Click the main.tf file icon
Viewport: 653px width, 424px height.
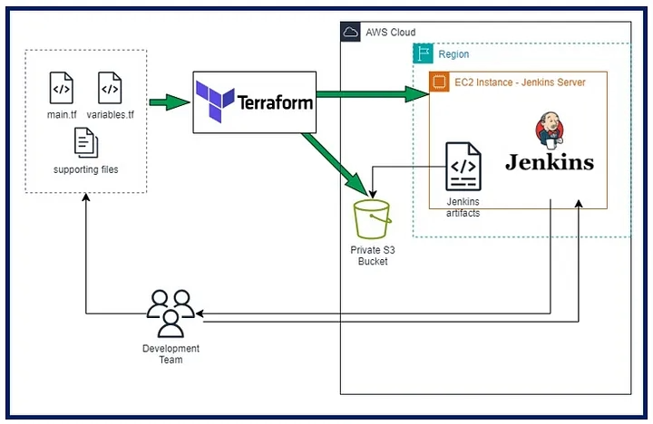(61, 89)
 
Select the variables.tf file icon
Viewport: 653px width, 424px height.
(110, 89)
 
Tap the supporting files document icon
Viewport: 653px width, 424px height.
(85, 142)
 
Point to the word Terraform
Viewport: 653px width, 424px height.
(273, 102)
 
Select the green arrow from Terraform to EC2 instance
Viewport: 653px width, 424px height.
(372, 91)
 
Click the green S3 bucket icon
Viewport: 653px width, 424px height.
(372, 219)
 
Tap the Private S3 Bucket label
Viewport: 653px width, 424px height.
(372, 255)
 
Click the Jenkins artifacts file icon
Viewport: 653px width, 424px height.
(463, 167)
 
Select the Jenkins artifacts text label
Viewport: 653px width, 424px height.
(463, 207)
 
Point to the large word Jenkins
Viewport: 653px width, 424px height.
(549, 163)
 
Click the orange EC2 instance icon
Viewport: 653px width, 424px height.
(440, 82)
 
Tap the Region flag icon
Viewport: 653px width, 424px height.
(424, 54)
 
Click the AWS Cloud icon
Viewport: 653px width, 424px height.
(351, 33)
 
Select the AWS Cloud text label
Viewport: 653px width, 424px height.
(391, 33)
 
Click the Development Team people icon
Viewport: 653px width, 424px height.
(171, 313)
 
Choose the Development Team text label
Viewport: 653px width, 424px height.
(171, 354)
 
